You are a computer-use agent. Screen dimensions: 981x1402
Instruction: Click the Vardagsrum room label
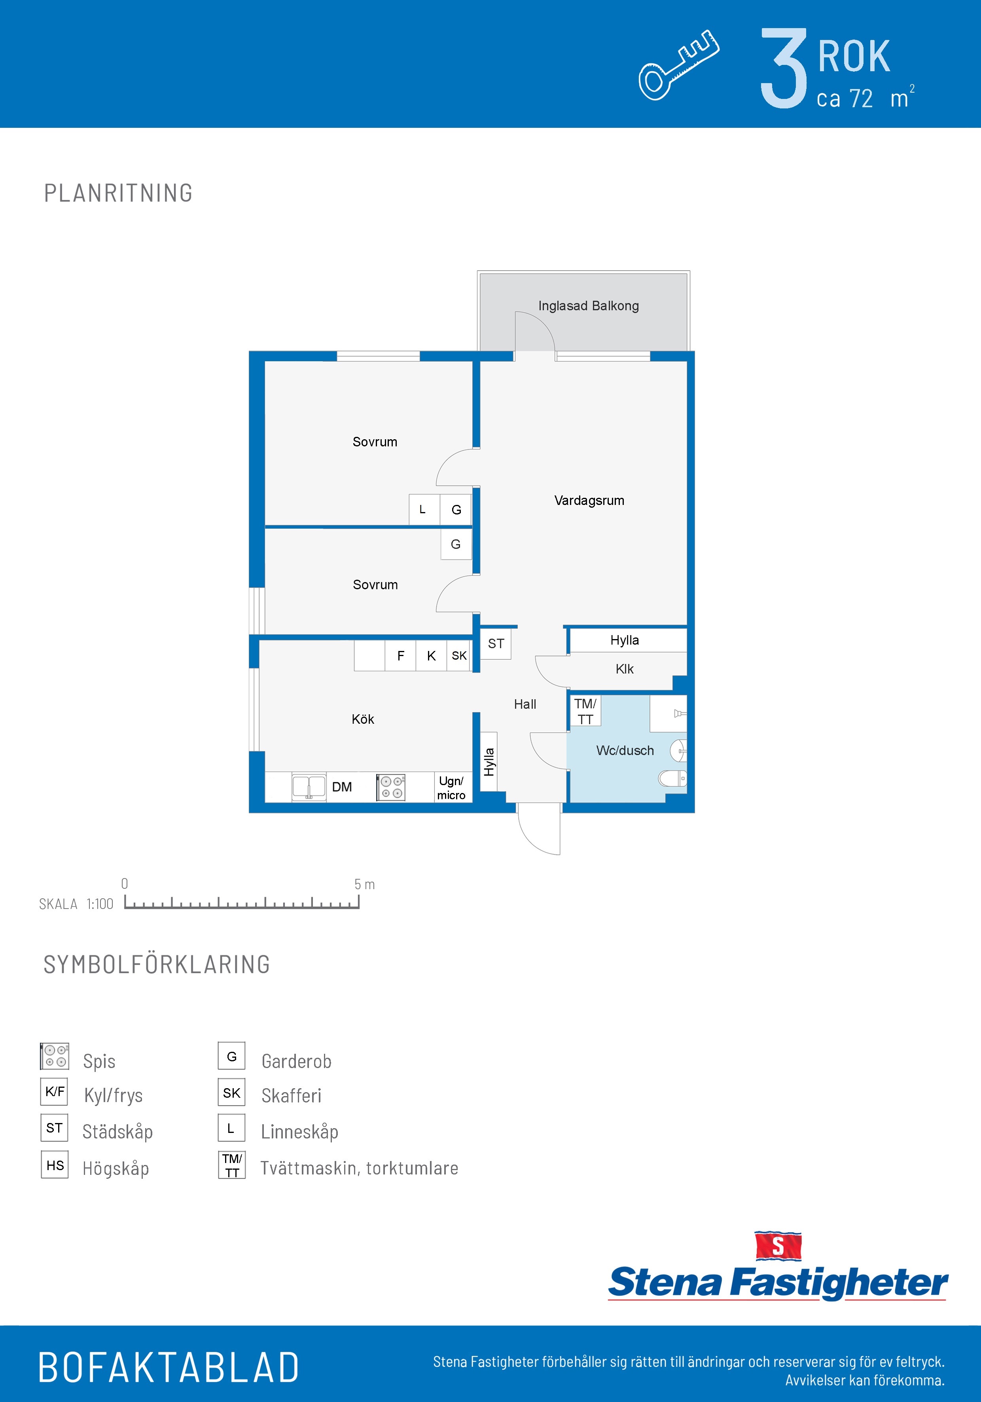tap(589, 501)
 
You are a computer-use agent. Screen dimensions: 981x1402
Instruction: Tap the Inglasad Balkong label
tap(589, 306)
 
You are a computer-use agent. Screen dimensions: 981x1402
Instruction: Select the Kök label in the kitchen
tap(363, 719)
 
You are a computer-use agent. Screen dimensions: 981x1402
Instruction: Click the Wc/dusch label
tap(625, 750)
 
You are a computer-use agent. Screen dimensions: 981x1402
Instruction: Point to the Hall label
tap(525, 704)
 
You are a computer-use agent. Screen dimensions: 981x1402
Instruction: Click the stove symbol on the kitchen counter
tap(391, 787)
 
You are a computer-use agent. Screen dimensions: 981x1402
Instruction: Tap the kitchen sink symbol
tap(309, 787)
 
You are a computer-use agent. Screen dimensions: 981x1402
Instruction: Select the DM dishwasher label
tap(342, 787)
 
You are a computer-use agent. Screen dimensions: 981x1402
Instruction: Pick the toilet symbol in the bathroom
tap(672, 778)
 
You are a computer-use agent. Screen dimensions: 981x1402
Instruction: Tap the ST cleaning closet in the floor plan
tap(496, 643)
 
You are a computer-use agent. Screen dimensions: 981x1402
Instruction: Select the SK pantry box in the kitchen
tap(459, 656)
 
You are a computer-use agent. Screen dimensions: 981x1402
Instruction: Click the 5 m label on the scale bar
tap(364, 884)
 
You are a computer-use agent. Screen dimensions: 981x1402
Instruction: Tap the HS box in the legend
tap(54, 1165)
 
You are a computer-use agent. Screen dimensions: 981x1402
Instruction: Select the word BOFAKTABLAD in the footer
tap(169, 1368)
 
